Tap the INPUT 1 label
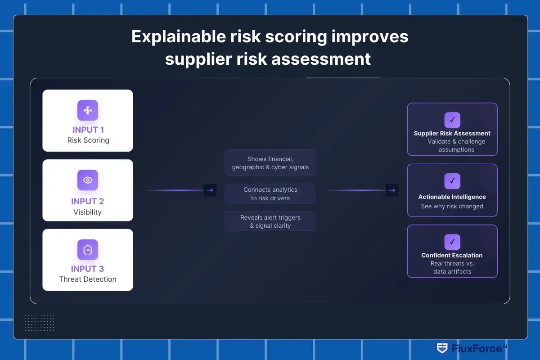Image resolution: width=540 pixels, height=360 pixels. [x=88, y=130]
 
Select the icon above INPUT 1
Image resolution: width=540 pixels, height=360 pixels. [x=88, y=110]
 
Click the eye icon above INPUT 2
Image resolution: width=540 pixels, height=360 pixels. [x=88, y=180]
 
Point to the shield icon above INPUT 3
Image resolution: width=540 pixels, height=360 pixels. [x=88, y=250]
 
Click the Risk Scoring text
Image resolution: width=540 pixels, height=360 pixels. [x=88, y=140]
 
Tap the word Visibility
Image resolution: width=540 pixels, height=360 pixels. [x=88, y=212]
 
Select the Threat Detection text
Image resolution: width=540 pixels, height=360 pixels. [x=88, y=279]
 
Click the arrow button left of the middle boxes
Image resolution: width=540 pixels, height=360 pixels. [x=210, y=190]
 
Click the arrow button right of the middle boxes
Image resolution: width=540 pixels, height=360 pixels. [x=392, y=190]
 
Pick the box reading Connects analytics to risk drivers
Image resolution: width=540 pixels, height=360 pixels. [x=270, y=194]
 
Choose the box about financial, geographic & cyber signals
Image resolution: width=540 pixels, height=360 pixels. [x=270, y=163]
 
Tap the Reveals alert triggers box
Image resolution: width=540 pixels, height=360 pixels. [x=270, y=221]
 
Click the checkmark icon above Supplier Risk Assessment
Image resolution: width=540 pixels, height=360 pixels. [x=452, y=120]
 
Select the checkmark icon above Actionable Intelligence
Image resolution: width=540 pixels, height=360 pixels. [x=452, y=181]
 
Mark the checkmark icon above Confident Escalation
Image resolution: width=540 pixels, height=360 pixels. [x=452, y=242]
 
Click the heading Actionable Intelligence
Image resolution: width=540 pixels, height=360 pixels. [x=452, y=197]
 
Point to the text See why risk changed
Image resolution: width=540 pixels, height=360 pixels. [x=452, y=207]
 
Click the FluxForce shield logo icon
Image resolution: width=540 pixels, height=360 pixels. [x=442, y=348]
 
